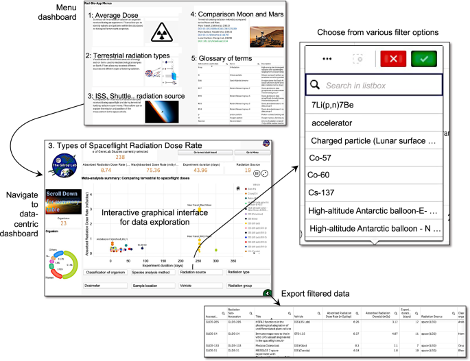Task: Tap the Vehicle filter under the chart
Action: tap(195, 283)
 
